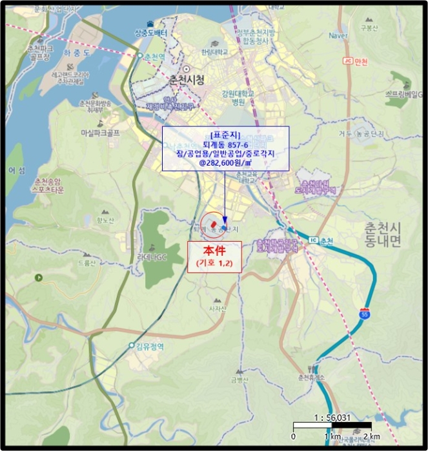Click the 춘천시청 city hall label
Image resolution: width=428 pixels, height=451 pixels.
(x=186, y=80)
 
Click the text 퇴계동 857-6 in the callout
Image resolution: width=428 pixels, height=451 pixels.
(x=225, y=145)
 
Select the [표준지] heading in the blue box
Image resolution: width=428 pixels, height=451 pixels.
(x=225, y=135)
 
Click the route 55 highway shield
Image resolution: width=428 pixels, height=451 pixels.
(x=365, y=315)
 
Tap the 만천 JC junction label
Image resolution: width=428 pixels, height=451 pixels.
(x=356, y=61)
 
